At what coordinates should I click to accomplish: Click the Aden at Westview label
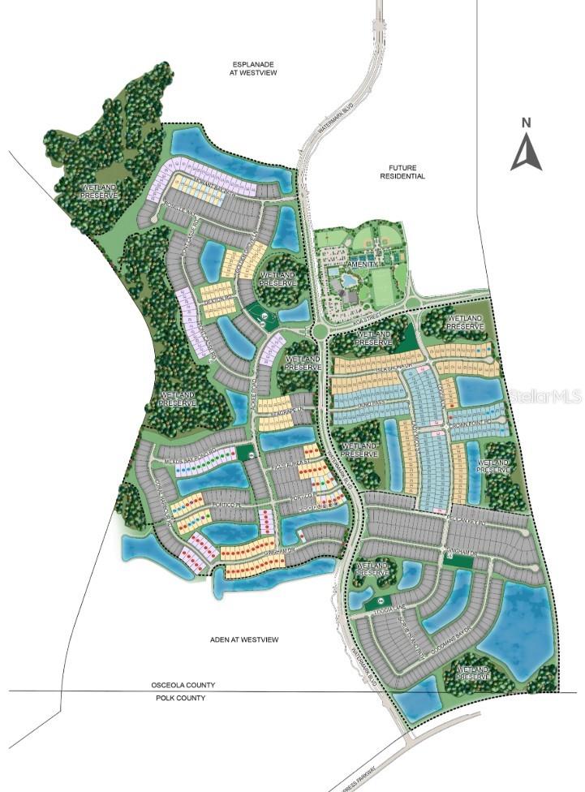click(x=243, y=640)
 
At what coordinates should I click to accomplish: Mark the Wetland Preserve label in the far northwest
click(x=99, y=192)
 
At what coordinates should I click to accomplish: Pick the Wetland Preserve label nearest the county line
click(x=471, y=673)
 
